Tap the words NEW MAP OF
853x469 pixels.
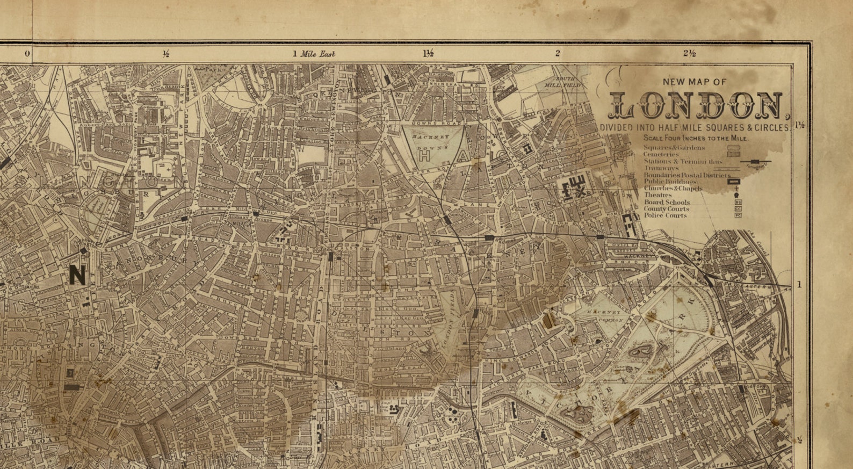coord(695,82)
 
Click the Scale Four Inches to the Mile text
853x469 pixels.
coord(692,138)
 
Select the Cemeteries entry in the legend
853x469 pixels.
coord(661,154)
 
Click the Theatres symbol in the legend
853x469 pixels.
coord(736,195)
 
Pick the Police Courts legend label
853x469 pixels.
coord(665,215)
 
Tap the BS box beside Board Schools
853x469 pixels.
coord(738,202)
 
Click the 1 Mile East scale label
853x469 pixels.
coord(314,54)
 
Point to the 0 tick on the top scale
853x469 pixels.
coord(27,54)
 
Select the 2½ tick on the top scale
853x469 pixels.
coord(690,53)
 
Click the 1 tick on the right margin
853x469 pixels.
coord(799,284)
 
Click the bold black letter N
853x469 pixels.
coord(77,275)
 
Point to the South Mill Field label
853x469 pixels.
coord(566,82)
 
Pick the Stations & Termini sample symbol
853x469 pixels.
coord(755,161)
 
